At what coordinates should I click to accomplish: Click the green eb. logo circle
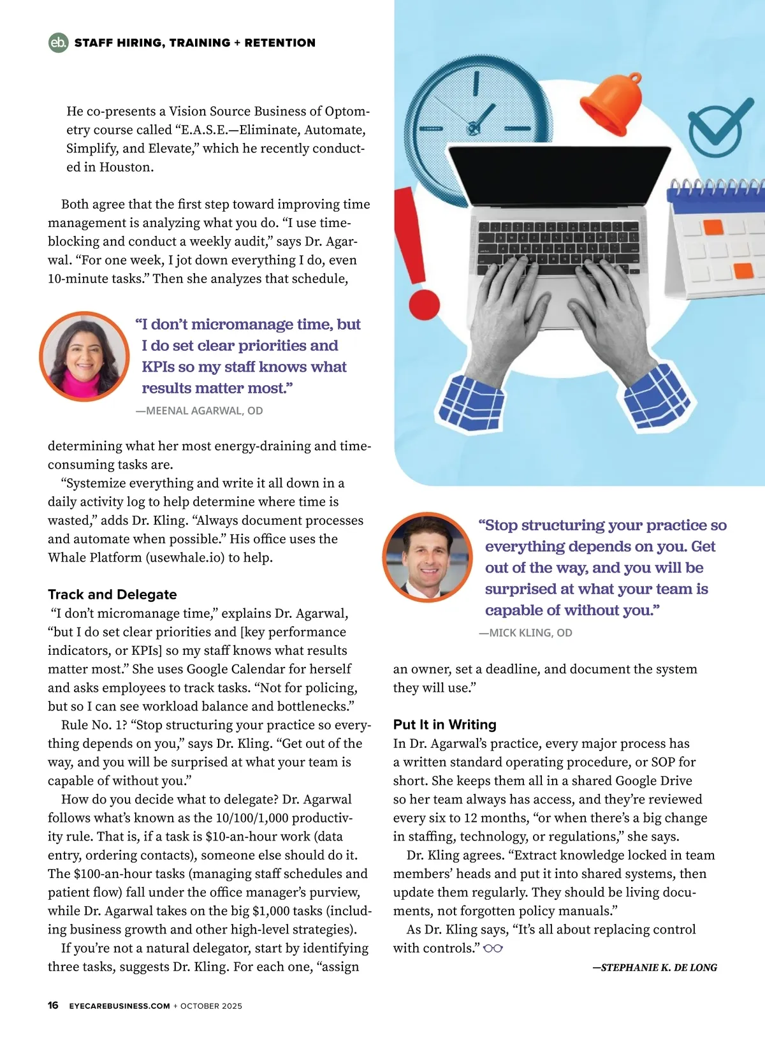coord(58,43)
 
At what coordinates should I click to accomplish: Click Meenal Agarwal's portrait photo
coord(85,356)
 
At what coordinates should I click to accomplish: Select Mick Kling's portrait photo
coord(427,557)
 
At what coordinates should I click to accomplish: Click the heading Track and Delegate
coord(112,594)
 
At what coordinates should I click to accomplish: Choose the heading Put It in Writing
coord(444,724)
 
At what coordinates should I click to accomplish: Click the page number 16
coord(53,1006)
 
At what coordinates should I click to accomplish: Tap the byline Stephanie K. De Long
coord(655,967)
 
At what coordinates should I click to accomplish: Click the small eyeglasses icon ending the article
coord(493,948)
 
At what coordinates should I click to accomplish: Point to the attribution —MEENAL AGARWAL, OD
coord(199,411)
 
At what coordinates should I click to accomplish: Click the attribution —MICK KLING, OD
coord(525,633)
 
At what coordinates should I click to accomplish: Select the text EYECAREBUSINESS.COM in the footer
coord(119,1006)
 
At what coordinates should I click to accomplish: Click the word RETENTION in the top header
coord(280,43)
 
